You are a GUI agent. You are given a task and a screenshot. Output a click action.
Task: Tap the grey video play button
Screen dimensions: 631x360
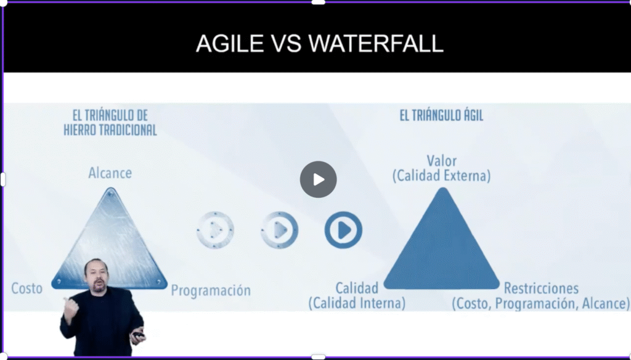(x=319, y=179)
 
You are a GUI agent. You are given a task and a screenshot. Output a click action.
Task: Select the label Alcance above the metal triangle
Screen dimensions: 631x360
(x=110, y=173)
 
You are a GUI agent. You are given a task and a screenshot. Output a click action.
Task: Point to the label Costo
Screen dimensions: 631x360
(x=27, y=288)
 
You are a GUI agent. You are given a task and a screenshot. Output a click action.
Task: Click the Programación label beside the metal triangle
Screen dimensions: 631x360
(x=211, y=291)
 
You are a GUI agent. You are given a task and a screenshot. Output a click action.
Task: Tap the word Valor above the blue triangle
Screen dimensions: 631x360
(x=441, y=161)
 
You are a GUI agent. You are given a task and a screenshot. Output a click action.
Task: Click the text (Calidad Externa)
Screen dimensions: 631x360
(x=441, y=176)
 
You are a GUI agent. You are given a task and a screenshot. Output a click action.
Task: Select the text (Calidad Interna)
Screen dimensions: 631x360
(x=357, y=303)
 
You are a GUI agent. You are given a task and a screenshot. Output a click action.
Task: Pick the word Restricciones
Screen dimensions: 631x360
(x=541, y=288)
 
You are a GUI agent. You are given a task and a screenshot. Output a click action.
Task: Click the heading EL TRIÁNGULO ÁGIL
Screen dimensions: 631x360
(x=441, y=115)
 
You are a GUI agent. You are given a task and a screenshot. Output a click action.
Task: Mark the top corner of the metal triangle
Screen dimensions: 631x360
(x=110, y=189)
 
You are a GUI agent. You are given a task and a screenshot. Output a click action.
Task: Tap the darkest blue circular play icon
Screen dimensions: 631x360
(x=343, y=230)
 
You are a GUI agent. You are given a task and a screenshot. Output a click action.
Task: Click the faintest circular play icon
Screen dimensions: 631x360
(x=215, y=230)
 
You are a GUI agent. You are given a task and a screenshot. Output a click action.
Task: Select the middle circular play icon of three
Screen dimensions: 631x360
(x=279, y=230)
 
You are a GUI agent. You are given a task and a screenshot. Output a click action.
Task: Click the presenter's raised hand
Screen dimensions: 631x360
(x=70, y=309)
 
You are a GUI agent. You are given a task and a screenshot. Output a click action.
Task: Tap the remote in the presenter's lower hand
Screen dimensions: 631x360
(x=139, y=334)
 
